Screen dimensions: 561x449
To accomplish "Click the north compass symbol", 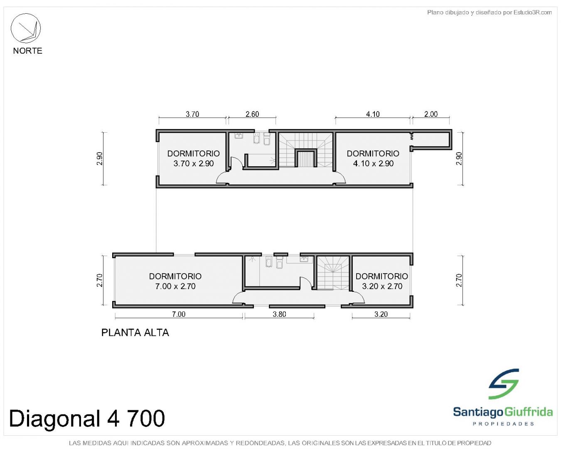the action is [x=25, y=28].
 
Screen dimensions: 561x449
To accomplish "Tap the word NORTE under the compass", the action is [x=27, y=51].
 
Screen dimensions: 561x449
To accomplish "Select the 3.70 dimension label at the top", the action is [x=192, y=114].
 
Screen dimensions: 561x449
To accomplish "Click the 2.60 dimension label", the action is [x=252, y=114].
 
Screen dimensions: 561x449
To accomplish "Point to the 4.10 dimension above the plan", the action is [x=372, y=114].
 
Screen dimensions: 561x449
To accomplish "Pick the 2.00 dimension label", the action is [x=431, y=114].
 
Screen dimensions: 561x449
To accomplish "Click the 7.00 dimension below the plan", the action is [x=179, y=314].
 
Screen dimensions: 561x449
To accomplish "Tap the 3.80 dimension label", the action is [x=279, y=314].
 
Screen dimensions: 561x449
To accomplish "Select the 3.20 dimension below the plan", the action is [x=381, y=314].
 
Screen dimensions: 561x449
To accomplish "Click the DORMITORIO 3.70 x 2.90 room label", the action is [x=193, y=158].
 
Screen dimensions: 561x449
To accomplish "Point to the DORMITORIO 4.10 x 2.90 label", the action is [x=373, y=158].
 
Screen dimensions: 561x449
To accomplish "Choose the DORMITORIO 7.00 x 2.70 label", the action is [x=175, y=281].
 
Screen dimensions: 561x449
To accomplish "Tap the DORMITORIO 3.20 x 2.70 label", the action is [x=382, y=281].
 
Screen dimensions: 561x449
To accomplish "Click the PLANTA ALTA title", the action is [x=135, y=333].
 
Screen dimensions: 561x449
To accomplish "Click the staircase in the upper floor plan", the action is [x=306, y=150].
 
